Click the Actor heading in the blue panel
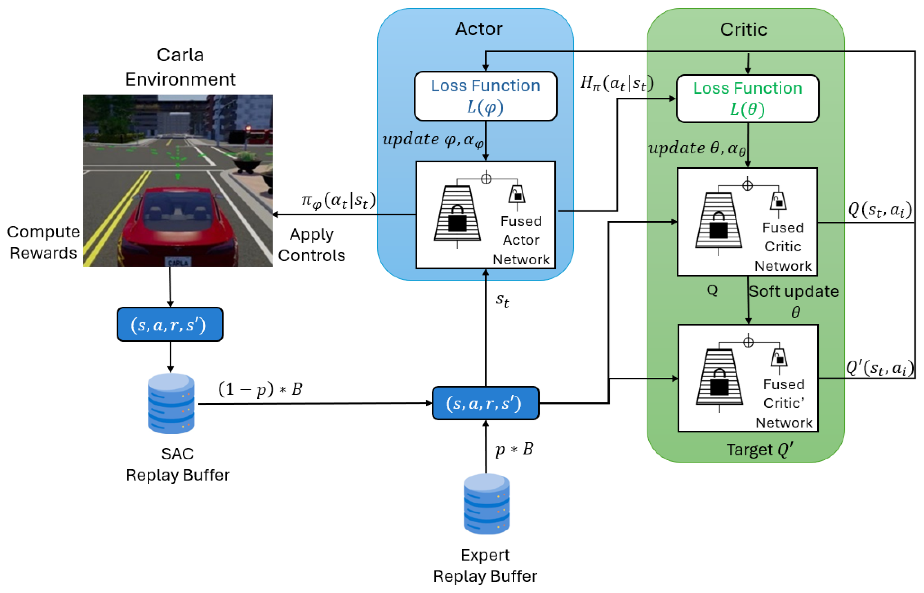[x=478, y=29]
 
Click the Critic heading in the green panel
[x=743, y=30]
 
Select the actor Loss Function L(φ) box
[x=485, y=96]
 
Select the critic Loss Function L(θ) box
[x=747, y=99]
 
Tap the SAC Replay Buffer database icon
[x=171, y=403]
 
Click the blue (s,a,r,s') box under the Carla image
[x=170, y=325]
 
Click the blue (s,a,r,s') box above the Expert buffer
[x=485, y=403]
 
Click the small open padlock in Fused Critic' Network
[x=779, y=358]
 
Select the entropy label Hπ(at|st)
[x=616, y=83]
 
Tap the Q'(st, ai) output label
[x=879, y=368]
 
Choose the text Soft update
[x=793, y=292]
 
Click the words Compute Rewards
[x=43, y=242]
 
